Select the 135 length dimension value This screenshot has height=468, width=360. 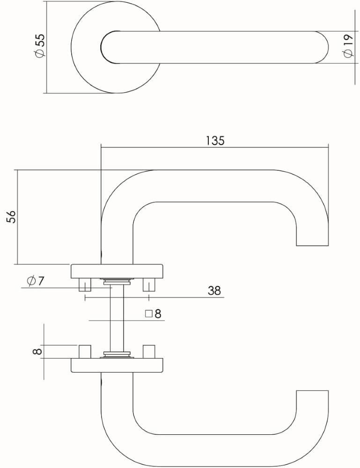click(x=215, y=140)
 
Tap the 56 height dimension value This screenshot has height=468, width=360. click(x=11, y=216)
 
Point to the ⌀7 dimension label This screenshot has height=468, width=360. click(x=36, y=281)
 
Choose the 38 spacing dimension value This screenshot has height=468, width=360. click(x=214, y=291)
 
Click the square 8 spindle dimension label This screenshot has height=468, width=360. click(x=153, y=314)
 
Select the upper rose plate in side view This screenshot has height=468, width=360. click(x=117, y=271)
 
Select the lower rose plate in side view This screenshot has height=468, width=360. click(x=117, y=365)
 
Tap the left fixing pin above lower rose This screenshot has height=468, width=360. click(x=85, y=351)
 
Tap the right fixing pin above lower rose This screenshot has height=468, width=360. click(x=149, y=351)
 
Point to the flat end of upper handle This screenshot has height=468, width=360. click(x=313, y=244)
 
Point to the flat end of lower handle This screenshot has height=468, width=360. click(x=313, y=390)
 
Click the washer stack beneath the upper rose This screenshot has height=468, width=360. click(x=117, y=281)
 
